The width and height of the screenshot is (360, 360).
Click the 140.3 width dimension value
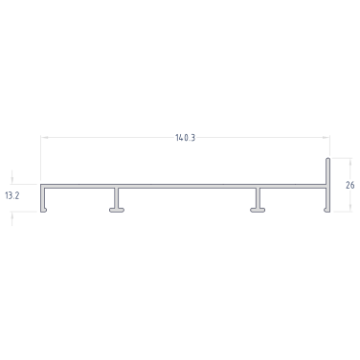[185, 138]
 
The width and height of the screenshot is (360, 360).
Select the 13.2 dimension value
[12, 195]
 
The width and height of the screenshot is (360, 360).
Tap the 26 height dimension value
[350, 185]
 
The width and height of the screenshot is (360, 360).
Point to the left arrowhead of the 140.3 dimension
[44, 138]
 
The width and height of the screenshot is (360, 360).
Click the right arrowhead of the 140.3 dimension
[326, 138]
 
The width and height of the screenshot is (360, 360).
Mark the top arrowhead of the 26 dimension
[350, 162]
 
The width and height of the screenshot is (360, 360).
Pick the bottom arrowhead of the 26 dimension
[350, 208]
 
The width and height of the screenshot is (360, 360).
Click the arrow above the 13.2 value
[12, 177]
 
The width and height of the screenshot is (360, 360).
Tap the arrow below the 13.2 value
[12, 218]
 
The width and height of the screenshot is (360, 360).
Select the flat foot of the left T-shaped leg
[117, 210]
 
